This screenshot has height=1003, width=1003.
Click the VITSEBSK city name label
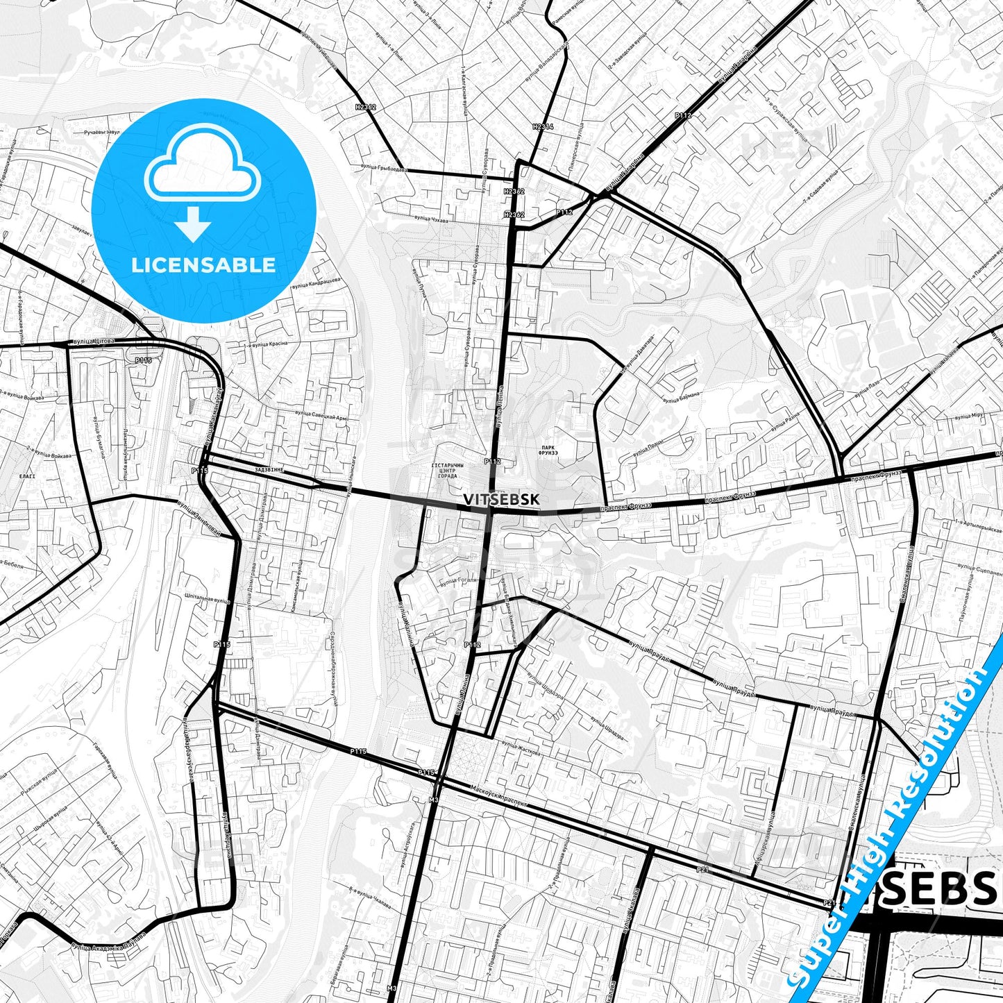pos(500,498)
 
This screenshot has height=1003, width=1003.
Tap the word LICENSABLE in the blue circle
pos(204,264)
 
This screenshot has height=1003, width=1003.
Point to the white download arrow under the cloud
pos(194,225)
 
